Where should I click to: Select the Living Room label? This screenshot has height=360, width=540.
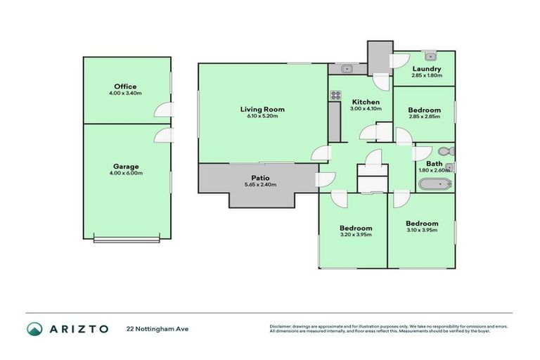262,109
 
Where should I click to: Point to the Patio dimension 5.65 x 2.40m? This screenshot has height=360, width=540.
259,185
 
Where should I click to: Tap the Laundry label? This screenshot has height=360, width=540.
427,69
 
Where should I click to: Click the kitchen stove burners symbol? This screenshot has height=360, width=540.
335,96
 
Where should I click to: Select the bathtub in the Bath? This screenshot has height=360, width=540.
435,186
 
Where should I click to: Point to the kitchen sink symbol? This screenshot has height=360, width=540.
346,69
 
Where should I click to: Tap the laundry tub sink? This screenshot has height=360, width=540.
434,56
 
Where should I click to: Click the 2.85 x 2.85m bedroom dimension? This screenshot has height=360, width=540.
425,117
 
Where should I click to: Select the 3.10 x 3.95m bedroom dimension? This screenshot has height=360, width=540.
422,230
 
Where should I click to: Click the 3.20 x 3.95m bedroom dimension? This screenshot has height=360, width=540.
356,235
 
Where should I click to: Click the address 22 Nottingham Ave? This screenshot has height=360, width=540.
158,328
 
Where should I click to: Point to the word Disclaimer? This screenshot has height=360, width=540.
281,326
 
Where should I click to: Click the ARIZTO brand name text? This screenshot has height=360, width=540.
78,328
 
